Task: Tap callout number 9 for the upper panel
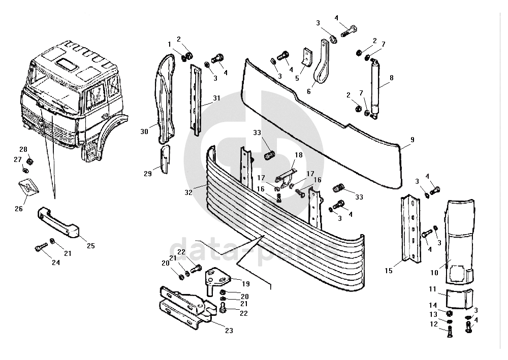(412, 139)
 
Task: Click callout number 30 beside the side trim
(144, 132)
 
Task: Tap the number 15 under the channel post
(389, 271)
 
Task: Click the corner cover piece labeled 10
(458, 239)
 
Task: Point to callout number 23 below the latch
(229, 331)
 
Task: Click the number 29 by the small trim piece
(147, 174)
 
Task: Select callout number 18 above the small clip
(298, 154)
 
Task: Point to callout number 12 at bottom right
(433, 323)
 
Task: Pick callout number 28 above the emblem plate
(23, 149)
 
